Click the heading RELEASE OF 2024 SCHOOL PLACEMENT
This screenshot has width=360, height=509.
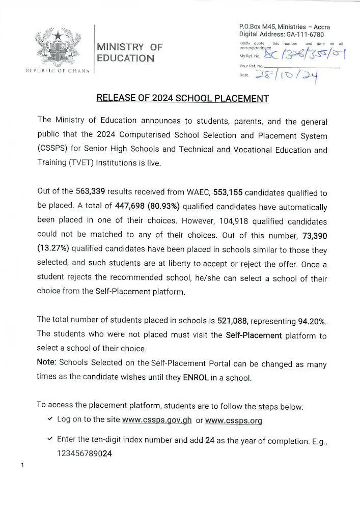tap(182, 98)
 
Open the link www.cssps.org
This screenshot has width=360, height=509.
tap(234, 420)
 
